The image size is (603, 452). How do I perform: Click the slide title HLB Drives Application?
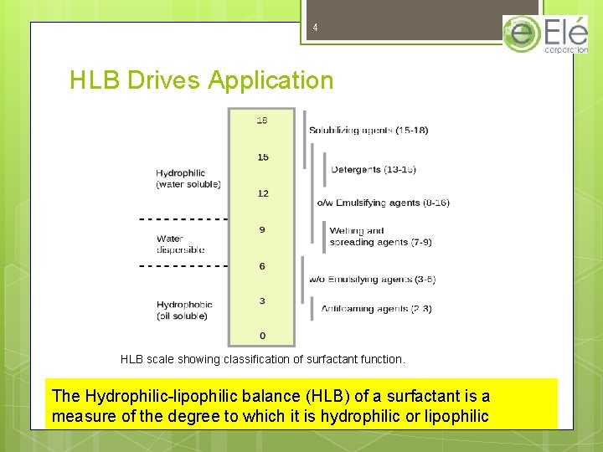tap(201, 81)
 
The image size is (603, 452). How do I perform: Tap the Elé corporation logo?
tap(545, 34)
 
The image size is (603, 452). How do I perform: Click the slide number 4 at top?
tap(315, 28)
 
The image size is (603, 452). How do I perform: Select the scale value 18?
tap(262, 121)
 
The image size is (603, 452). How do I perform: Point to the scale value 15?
tap(263, 157)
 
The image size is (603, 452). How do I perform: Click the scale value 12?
tap(263, 193)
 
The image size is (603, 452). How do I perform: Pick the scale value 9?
tap(263, 229)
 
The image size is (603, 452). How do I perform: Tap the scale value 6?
tap(262, 266)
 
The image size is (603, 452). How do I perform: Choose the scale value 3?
tap(262, 301)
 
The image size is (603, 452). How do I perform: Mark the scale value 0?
tap(262, 336)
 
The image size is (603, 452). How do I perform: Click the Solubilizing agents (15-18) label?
tap(368, 131)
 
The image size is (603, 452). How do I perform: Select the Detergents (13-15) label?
tap(374, 170)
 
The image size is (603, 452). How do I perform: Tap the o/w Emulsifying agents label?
tap(383, 203)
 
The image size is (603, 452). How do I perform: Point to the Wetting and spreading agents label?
tap(381, 236)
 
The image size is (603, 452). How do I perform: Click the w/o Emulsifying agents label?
tap(372, 280)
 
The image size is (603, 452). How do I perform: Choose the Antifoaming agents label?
tap(377, 309)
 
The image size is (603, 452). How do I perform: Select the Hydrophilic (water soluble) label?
tap(188, 178)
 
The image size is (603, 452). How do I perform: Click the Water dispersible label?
tap(180, 244)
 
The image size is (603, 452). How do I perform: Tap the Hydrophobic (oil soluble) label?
tap(184, 310)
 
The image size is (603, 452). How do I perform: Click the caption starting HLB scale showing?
tap(262, 359)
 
